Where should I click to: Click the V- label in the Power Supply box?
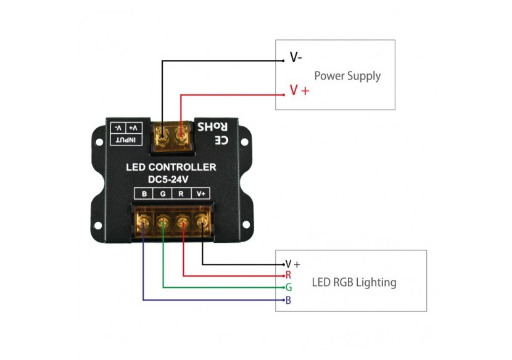pyautogui.click(x=296, y=59)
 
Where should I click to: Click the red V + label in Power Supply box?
pyautogui.click(x=300, y=91)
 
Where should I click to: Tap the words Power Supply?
pyautogui.click(x=347, y=76)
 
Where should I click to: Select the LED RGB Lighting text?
pyautogui.click(x=354, y=283)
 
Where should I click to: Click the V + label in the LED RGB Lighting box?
pyautogui.click(x=292, y=264)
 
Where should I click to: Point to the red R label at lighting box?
pyautogui.click(x=287, y=276)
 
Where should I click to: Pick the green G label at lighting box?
pyautogui.click(x=288, y=288)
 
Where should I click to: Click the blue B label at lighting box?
pyautogui.click(x=288, y=301)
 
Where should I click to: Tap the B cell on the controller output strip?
pyautogui.click(x=144, y=194)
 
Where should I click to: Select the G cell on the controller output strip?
pyautogui.click(x=162, y=194)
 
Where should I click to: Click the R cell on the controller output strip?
pyautogui.click(x=181, y=194)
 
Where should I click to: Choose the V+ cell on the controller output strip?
pyautogui.click(x=201, y=194)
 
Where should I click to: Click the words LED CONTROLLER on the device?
pyautogui.click(x=171, y=167)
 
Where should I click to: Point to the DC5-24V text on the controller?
pyautogui.click(x=171, y=179)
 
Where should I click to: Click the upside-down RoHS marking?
pyautogui.click(x=213, y=128)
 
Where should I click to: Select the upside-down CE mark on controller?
pyautogui.click(x=221, y=140)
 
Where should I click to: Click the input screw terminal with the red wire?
pyautogui.click(x=181, y=133)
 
